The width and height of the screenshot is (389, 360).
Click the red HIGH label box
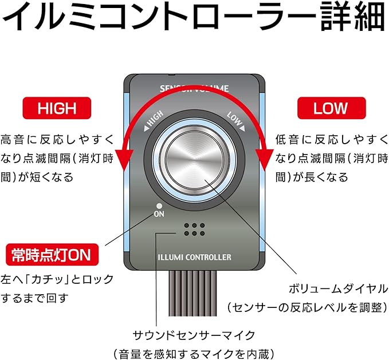[x=57, y=108]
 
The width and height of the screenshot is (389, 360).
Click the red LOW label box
[x=331, y=108]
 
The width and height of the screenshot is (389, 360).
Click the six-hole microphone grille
[x=194, y=230]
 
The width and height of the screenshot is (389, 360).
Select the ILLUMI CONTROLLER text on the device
[x=194, y=257]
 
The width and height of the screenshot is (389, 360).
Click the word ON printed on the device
[x=159, y=215]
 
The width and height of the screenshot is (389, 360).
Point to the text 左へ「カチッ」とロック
[x=57, y=279]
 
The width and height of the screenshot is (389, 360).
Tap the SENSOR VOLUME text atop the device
[x=194, y=89]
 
